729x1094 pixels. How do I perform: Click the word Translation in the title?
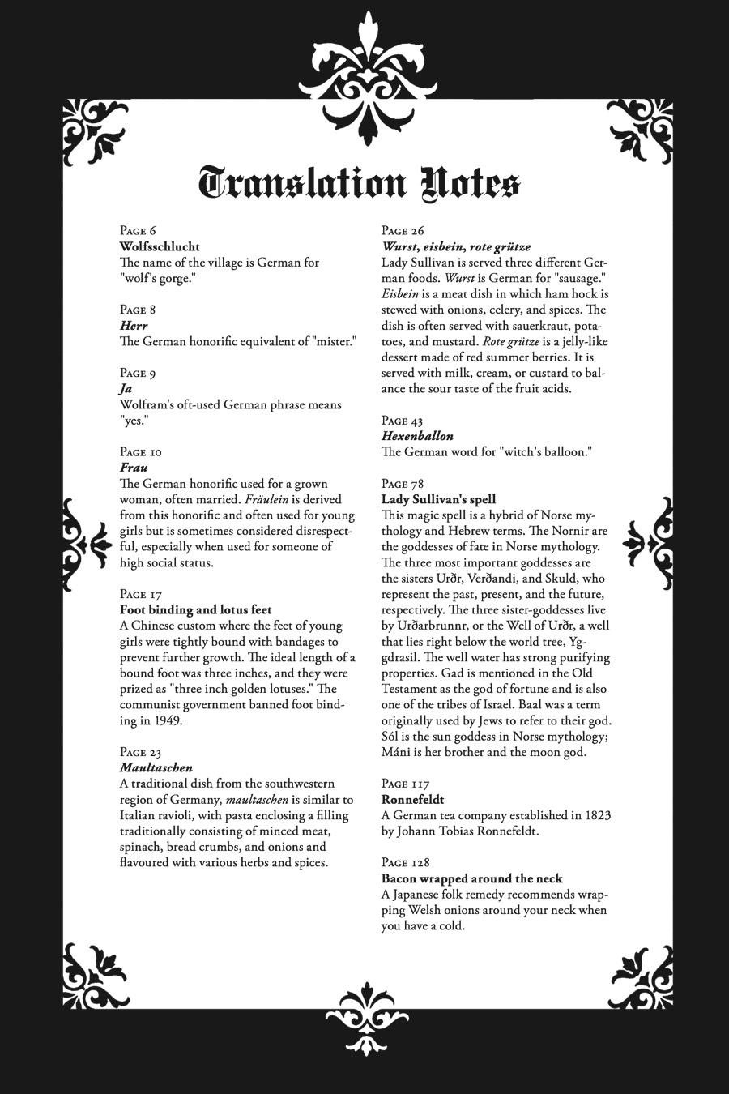tap(301, 183)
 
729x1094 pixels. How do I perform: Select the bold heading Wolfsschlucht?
tap(160, 246)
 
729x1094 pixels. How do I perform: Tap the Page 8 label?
tap(138, 310)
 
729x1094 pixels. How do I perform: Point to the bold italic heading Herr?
tap(133, 325)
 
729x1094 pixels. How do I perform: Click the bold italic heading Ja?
tap(126, 388)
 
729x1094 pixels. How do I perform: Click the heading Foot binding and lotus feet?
tap(195, 609)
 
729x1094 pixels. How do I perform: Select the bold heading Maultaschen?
tap(156, 767)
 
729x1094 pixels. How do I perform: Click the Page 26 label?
tap(403, 231)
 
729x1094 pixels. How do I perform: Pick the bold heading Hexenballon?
tap(417, 436)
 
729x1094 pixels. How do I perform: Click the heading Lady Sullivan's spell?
tap(438, 499)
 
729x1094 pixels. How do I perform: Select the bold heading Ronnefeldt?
tap(412, 799)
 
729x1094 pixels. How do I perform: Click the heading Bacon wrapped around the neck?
tap(471, 878)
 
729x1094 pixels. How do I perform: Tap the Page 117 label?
tap(405, 784)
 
